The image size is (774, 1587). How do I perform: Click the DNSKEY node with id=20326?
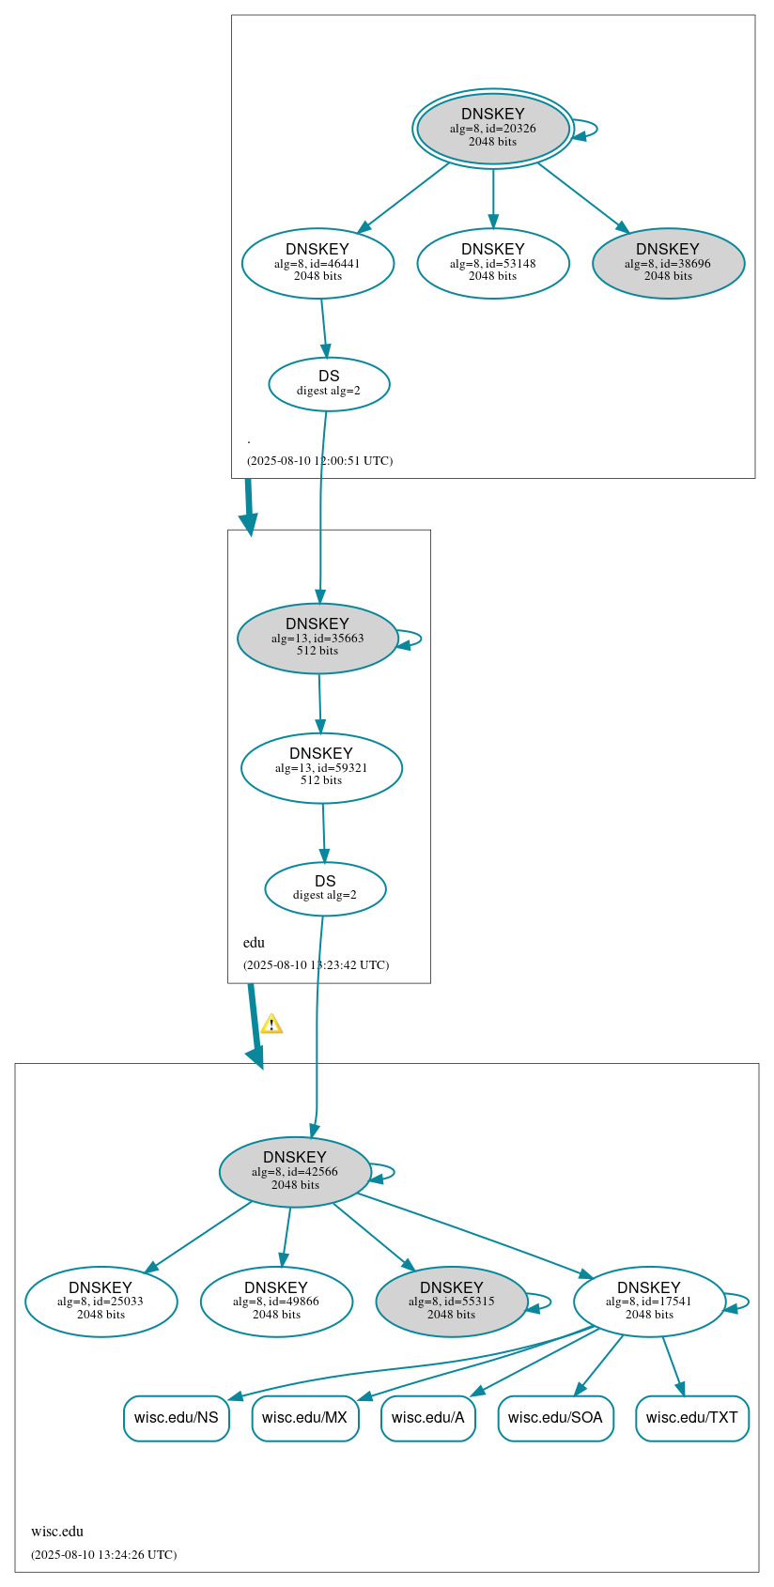(492, 129)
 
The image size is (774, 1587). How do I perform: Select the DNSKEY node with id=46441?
(317, 263)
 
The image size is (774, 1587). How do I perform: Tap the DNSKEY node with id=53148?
(492, 263)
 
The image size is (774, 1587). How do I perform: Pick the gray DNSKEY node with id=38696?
(668, 263)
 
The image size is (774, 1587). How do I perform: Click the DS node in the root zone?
(329, 383)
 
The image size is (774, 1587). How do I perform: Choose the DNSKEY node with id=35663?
(317, 638)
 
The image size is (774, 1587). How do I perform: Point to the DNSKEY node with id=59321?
(321, 767)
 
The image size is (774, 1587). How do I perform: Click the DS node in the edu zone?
(325, 888)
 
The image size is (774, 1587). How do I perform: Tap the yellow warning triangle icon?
(271, 1024)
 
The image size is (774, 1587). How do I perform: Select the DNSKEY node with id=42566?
(295, 1171)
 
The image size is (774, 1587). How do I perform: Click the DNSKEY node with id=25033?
(101, 1301)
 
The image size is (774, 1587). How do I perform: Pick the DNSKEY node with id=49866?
(276, 1301)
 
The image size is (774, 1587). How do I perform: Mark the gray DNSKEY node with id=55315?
(451, 1301)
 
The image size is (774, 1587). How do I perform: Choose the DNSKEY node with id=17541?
(649, 1301)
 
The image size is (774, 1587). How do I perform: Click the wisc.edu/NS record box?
(176, 1417)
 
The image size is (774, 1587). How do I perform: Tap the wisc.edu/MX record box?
(304, 1417)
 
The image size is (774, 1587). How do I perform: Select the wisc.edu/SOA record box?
(555, 1417)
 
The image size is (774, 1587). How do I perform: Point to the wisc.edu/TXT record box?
(691, 1417)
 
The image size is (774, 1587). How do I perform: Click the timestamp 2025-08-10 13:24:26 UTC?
(103, 1554)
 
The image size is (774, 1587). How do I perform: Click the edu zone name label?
(254, 943)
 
